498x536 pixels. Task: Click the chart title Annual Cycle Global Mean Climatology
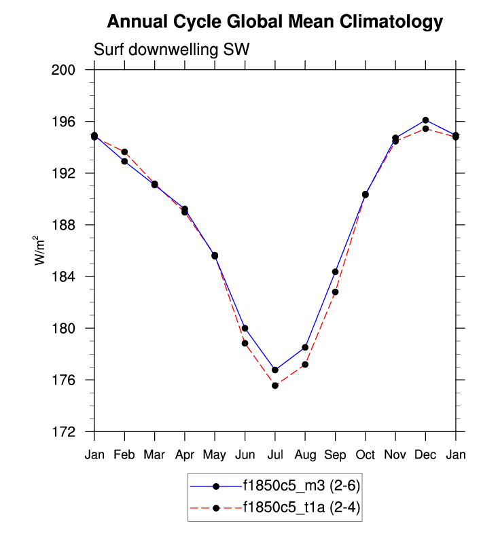(x=275, y=22)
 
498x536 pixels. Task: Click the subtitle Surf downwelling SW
(x=172, y=49)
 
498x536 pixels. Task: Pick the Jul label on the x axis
(x=275, y=454)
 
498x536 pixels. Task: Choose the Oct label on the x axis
(x=366, y=454)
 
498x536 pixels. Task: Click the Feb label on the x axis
(x=124, y=454)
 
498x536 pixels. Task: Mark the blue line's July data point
(x=275, y=370)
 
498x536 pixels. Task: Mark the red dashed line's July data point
(x=275, y=386)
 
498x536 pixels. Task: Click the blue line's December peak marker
(x=425, y=120)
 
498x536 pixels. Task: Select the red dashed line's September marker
(x=336, y=292)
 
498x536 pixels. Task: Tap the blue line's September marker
(x=336, y=272)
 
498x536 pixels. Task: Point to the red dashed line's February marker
(x=124, y=151)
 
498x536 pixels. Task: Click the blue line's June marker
(x=245, y=328)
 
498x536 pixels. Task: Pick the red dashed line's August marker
(x=306, y=364)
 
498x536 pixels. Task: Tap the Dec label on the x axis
(x=425, y=454)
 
